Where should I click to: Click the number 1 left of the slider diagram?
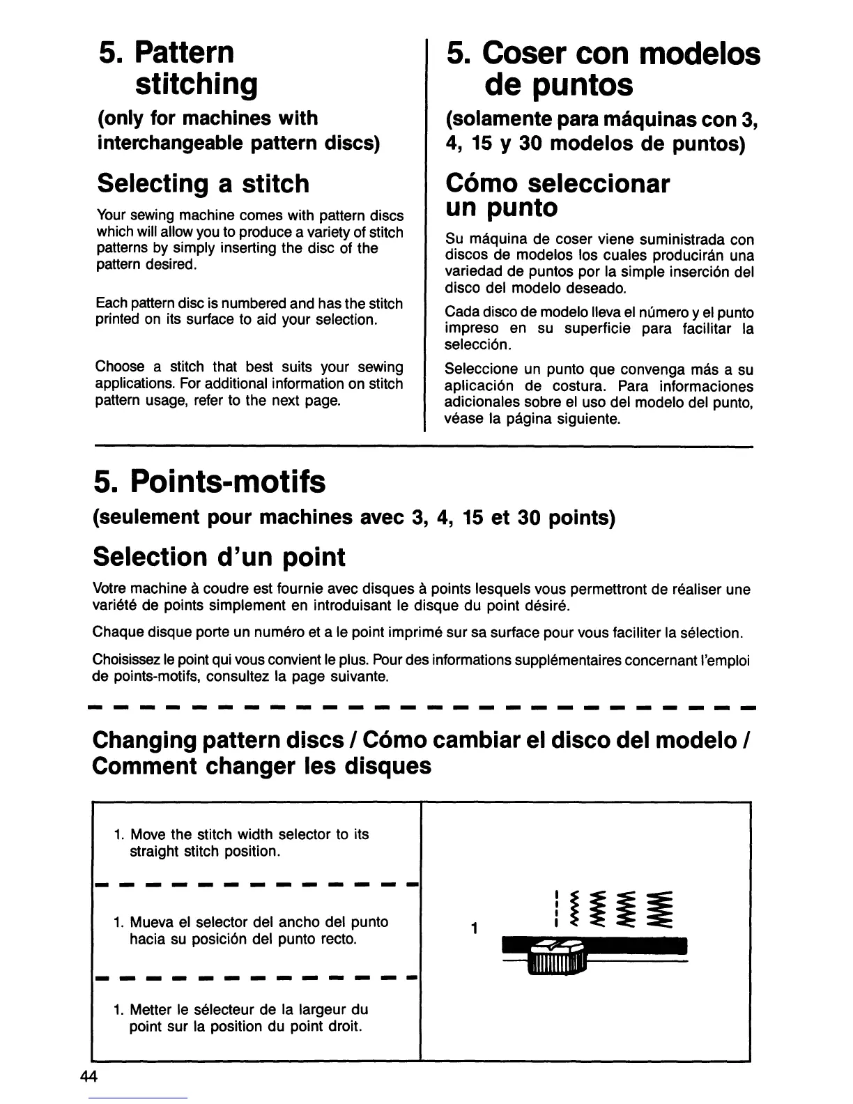(473, 929)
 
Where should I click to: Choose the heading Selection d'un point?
(219, 557)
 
